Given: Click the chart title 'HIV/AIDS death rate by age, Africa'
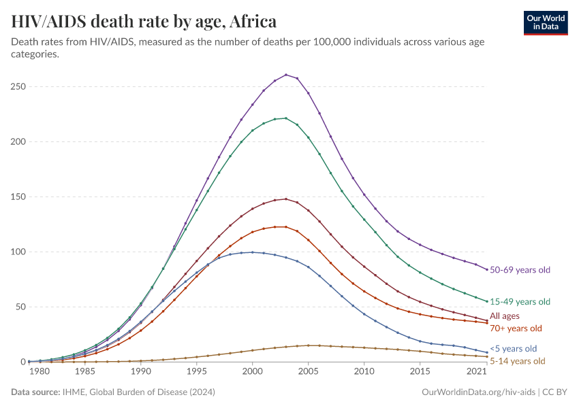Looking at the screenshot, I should [144, 22].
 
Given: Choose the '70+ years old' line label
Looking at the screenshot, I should [516, 328].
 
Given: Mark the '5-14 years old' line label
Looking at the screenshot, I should [517, 361].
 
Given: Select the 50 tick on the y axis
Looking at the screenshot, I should [21, 307].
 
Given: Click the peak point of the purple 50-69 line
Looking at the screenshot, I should [286, 75].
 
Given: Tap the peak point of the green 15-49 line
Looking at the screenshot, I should [286, 118].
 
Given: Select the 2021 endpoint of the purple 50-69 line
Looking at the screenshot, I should [487, 270].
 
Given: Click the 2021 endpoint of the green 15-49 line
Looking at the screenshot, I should [487, 301].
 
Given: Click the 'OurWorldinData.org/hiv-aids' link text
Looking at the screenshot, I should [476, 392].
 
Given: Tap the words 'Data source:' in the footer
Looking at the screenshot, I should [35, 392].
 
